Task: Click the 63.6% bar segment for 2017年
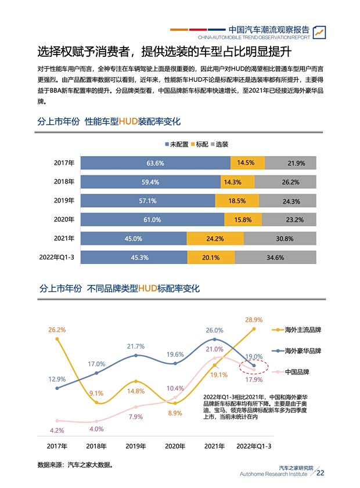155,163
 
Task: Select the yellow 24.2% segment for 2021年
215,238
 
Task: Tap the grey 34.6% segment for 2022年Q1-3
281,258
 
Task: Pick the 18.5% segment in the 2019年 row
236,201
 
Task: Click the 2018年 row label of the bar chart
64,182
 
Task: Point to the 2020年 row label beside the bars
64,220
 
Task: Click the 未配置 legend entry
177,144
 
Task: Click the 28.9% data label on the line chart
254,320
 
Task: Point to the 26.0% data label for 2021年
214,330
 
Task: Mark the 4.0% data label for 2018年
96,429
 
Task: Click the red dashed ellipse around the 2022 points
254,367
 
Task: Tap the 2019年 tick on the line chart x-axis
135,446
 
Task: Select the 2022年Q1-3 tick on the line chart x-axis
253,446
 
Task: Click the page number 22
320,473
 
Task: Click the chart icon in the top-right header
319,32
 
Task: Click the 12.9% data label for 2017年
56,379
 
